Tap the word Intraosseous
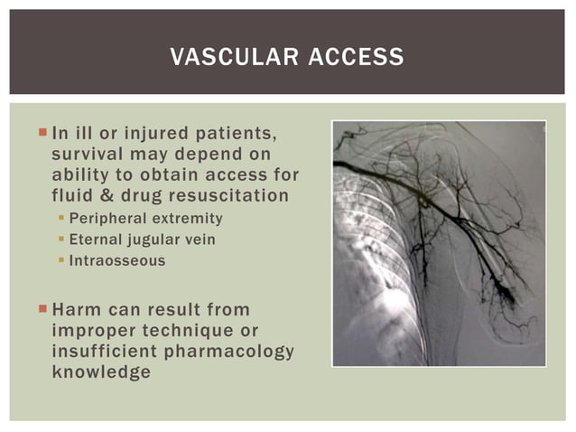(x=117, y=261)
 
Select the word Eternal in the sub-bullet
(x=95, y=239)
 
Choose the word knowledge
(x=101, y=371)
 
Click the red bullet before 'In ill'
(x=42, y=133)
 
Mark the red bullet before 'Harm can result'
(x=42, y=310)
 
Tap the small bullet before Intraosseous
(x=61, y=261)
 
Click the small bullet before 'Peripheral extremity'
(x=61, y=219)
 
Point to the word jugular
(x=152, y=239)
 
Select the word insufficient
(x=101, y=351)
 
